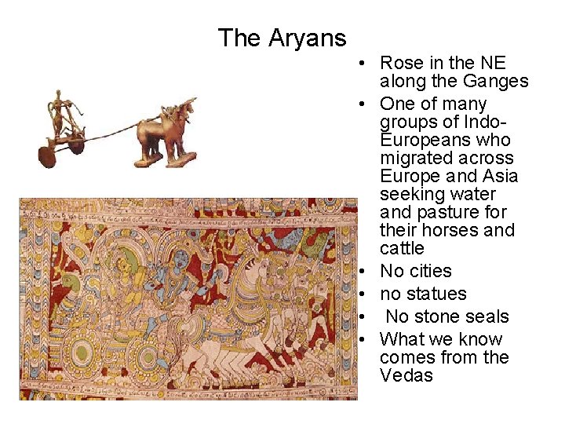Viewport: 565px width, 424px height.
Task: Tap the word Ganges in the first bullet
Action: (x=496, y=81)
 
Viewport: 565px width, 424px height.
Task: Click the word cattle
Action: (x=402, y=248)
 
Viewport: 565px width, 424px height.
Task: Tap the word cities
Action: (x=430, y=271)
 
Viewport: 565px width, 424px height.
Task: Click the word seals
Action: (x=486, y=316)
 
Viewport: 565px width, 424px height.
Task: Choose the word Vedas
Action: (x=406, y=375)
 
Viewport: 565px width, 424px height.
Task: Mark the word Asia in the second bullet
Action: (x=500, y=176)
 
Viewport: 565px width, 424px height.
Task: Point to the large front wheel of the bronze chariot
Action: (x=48, y=155)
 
